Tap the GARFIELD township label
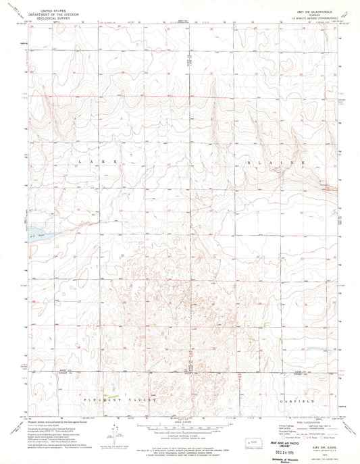tap(294, 401)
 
